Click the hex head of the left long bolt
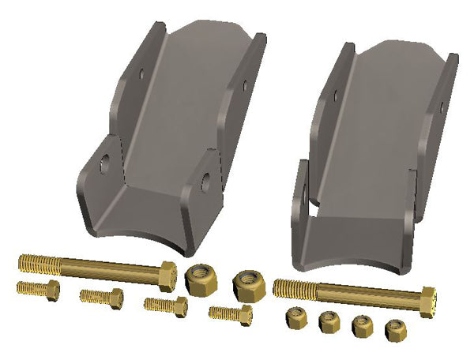[167, 274]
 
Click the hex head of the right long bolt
[427, 302]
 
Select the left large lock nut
[200, 279]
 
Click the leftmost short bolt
[37, 288]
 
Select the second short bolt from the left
[101, 298]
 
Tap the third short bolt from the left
[165, 305]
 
